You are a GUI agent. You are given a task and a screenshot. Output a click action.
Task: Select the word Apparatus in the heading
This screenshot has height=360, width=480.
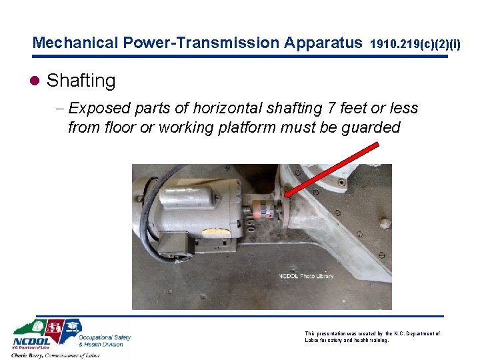(323, 43)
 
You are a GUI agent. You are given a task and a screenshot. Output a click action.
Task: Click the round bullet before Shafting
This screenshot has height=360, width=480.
(36, 81)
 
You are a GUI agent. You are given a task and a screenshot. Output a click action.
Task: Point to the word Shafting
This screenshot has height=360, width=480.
(81, 81)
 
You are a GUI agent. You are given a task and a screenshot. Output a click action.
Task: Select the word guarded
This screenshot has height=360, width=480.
(370, 127)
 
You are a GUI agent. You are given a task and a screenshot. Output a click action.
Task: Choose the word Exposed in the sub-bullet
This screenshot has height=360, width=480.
(99, 108)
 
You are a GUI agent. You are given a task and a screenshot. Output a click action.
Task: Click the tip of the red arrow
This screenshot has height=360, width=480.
(285, 195)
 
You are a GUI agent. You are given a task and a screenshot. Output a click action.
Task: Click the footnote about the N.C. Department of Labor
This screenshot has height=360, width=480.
(372, 337)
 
